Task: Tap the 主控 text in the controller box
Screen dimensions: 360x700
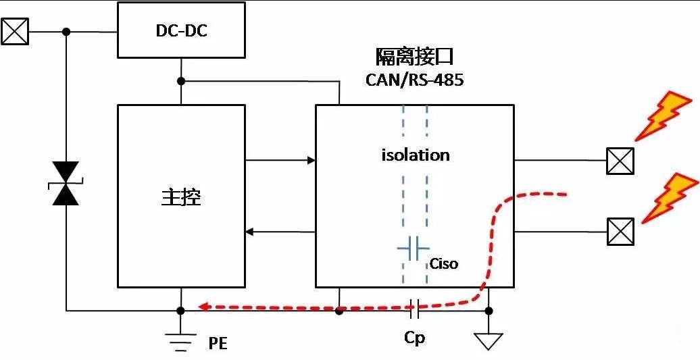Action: [x=181, y=197]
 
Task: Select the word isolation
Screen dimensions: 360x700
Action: [x=415, y=155]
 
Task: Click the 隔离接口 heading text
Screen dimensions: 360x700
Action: [x=415, y=57]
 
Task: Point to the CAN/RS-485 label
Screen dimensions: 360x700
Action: [x=415, y=80]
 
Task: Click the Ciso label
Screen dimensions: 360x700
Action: [x=444, y=263]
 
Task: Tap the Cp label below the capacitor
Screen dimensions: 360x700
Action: [x=414, y=337]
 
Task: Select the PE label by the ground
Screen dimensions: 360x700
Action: [x=218, y=344]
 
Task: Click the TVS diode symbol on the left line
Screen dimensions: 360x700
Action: [x=66, y=183]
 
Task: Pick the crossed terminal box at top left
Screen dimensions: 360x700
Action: [x=15, y=31]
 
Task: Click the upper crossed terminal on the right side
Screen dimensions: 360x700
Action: [x=620, y=161]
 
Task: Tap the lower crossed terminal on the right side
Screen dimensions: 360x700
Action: [x=620, y=232]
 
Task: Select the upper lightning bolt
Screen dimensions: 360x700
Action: [x=665, y=115]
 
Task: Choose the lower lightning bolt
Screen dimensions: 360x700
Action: [x=669, y=197]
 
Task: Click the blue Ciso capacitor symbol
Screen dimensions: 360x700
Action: [x=414, y=248]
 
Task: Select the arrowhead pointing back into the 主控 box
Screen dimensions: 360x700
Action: [x=250, y=232]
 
